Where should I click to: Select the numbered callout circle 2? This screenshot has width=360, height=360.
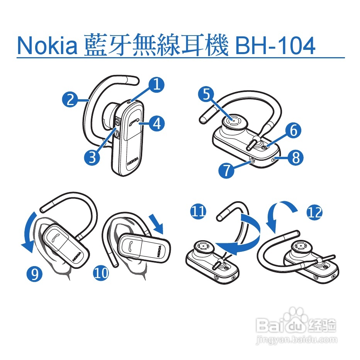70,100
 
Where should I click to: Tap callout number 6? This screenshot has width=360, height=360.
293,131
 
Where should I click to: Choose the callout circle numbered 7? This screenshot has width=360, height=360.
227,170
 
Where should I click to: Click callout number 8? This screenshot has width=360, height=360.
295,157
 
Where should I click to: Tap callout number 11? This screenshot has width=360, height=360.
198,211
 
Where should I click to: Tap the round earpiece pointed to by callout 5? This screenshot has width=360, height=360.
233,121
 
